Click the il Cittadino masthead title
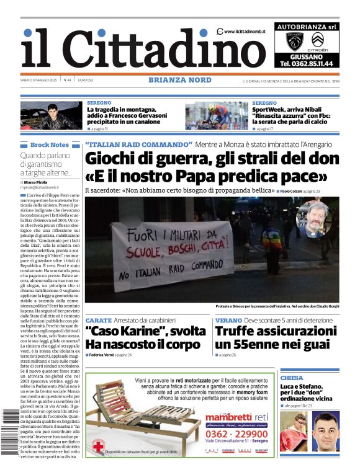click(x=133, y=48)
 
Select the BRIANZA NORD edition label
click(x=179, y=80)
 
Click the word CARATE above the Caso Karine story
click(x=98, y=320)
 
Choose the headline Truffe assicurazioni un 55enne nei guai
click(x=276, y=338)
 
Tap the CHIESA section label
click(x=292, y=378)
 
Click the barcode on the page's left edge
click(x=11, y=434)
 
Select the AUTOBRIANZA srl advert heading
click(x=307, y=27)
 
